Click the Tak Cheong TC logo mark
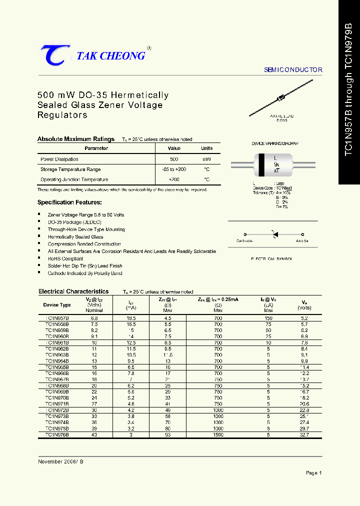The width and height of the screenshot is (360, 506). pos(52,55)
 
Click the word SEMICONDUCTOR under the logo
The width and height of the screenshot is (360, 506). pos(293,70)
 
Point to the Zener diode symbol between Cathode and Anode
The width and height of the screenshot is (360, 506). pos(273,234)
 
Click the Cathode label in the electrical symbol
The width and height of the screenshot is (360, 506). pos(244,241)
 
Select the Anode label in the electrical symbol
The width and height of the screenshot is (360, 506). pos(302,241)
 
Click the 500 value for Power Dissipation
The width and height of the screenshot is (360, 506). pos(174,159)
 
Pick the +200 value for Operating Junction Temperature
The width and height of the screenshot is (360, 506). pos(174,179)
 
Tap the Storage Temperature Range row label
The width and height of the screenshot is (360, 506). pos(70,169)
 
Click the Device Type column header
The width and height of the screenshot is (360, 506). pos(57,304)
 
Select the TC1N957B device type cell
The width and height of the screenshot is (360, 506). pos(57,318)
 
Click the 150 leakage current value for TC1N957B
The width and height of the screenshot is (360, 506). pos(268,318)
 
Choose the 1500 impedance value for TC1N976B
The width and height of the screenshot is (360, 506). pos(218,435)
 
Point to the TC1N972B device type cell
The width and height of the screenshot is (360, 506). pos(57,410)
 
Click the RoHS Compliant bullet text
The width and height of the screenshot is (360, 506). pos(65,259)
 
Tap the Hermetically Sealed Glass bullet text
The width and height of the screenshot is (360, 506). pos(75,237)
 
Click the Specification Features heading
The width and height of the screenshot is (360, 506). pos(69,202)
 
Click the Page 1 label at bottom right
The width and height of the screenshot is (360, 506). pos(313,473)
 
